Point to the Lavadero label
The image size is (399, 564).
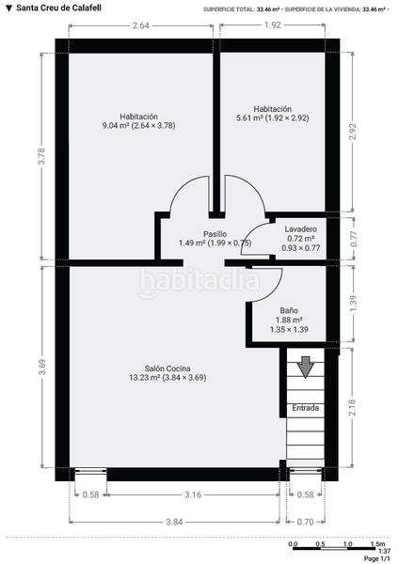[x=300, y=228]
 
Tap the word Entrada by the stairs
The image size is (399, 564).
[x=305, y=408]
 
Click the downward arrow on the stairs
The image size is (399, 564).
[x=305, y=367]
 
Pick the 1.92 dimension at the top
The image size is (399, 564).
[x=273, y=24]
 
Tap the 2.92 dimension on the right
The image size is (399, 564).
[x=353, y=133]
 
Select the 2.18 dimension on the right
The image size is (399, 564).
[x=353, y=405]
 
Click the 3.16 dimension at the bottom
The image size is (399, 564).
[x=191, y=493]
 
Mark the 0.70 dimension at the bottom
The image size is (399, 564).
[x=305, y=521]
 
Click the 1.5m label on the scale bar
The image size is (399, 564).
[x=377, y=544]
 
